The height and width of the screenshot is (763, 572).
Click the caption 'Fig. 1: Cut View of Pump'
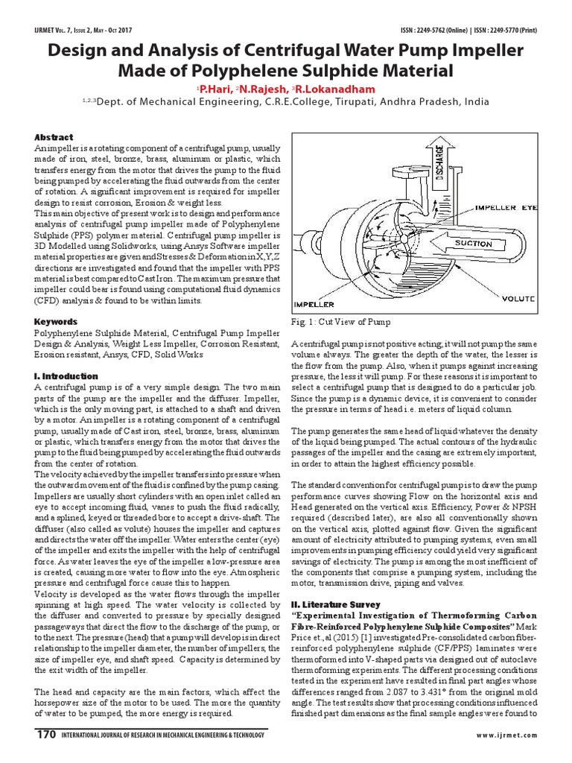click(340, 322)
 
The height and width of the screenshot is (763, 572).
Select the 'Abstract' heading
click(54, 138)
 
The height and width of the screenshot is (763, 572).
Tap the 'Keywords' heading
click(56, 322)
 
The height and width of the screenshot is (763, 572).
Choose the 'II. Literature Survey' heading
click(336, 604)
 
